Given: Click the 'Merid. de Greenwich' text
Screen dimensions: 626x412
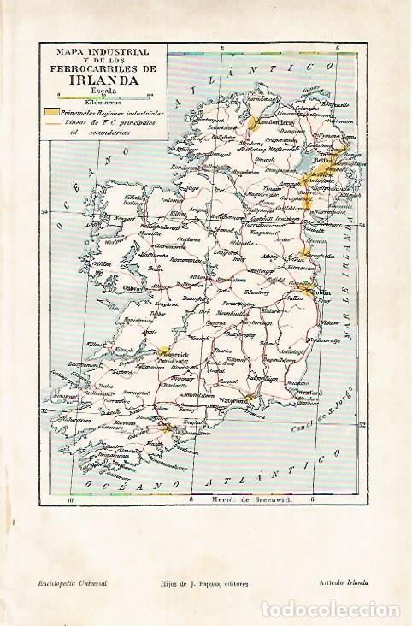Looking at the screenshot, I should (247, 499).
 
